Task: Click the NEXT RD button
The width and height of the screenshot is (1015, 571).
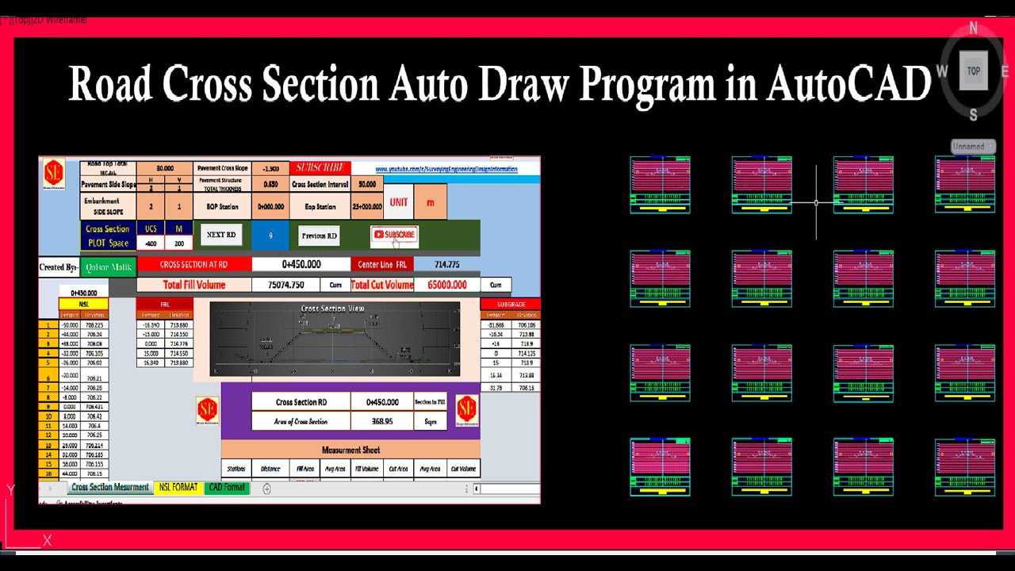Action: point(220,235)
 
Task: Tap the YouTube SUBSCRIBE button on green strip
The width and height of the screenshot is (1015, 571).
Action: point(394,235)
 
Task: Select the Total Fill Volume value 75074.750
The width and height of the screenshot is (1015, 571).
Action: point(285,285)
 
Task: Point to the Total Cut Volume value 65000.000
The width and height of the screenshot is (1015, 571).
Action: point(447,285)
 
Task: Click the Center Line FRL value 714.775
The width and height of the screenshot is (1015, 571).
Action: point(447,264)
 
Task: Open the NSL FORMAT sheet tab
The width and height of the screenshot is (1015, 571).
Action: point(178,488)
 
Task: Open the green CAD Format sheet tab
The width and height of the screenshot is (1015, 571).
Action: point(227,488)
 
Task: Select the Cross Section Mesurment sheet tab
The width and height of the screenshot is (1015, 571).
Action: point(110,488)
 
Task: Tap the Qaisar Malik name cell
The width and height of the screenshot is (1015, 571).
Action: point(108,267)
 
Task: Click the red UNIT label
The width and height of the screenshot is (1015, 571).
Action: point(399,202)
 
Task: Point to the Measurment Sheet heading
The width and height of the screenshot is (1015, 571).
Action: point(350,450)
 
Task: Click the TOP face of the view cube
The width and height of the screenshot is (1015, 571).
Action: point(973,71)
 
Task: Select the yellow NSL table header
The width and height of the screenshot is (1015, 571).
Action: point(83,304)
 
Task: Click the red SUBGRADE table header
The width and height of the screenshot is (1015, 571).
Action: point(511,304)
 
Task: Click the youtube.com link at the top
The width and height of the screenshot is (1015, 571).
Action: point(446,169)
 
